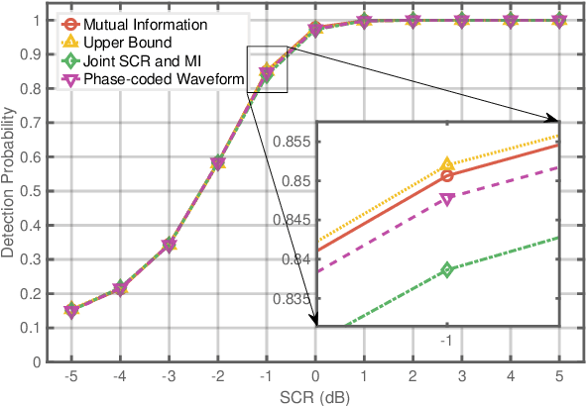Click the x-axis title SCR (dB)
pyautogui.click(x=314, y=396)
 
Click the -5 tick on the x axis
pyautogui.click(x=71, y=376)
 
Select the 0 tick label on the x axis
pyautogui.click(x=315, y=376)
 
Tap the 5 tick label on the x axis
pyautogui.click(x=559, y=376)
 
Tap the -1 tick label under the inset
pyautogui.click(x=446, y=340)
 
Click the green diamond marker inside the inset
pyautogui.click(x=447, y=269)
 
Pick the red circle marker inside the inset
pyautogui.click(x=447, y=175)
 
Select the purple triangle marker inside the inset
pyautogui.click(x=447, y=199)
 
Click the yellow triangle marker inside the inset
pyautogui.click(x=447, y=164)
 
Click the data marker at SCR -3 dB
pyautogui.click(x=169, y=245)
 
